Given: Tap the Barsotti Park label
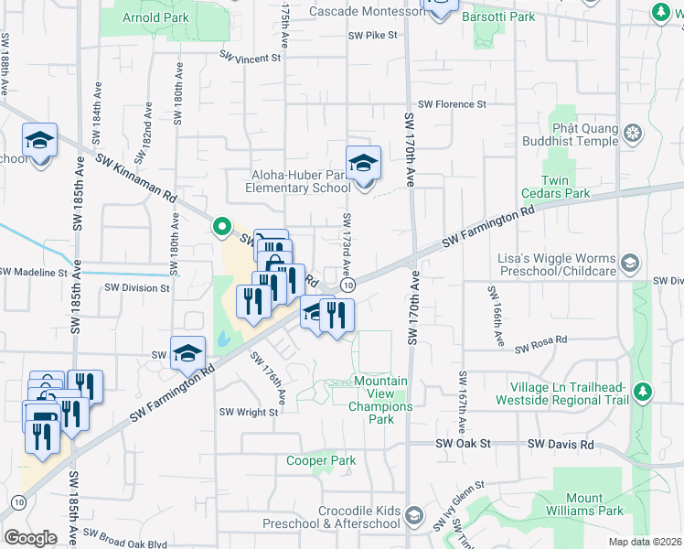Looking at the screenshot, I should click(498, 16).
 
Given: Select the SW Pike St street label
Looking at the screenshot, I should click(373, 36).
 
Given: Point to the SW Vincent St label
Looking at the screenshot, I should click(250, 58).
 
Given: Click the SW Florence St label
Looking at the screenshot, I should click(452, 105).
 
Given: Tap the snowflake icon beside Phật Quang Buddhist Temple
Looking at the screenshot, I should click(632, 135).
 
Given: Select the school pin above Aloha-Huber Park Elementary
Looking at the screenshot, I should click(363, 165).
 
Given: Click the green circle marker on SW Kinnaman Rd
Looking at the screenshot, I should click(220, 225).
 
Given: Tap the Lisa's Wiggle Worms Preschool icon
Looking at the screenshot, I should click(630, 264).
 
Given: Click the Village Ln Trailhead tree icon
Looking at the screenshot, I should click(644, 392).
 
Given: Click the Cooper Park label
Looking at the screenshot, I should click(320, 461).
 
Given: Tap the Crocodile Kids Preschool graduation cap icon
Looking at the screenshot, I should click(413, 517).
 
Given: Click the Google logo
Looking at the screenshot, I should click(30, 537).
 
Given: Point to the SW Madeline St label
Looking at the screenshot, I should click(34, 272).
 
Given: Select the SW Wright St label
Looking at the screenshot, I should click(248, 413).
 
